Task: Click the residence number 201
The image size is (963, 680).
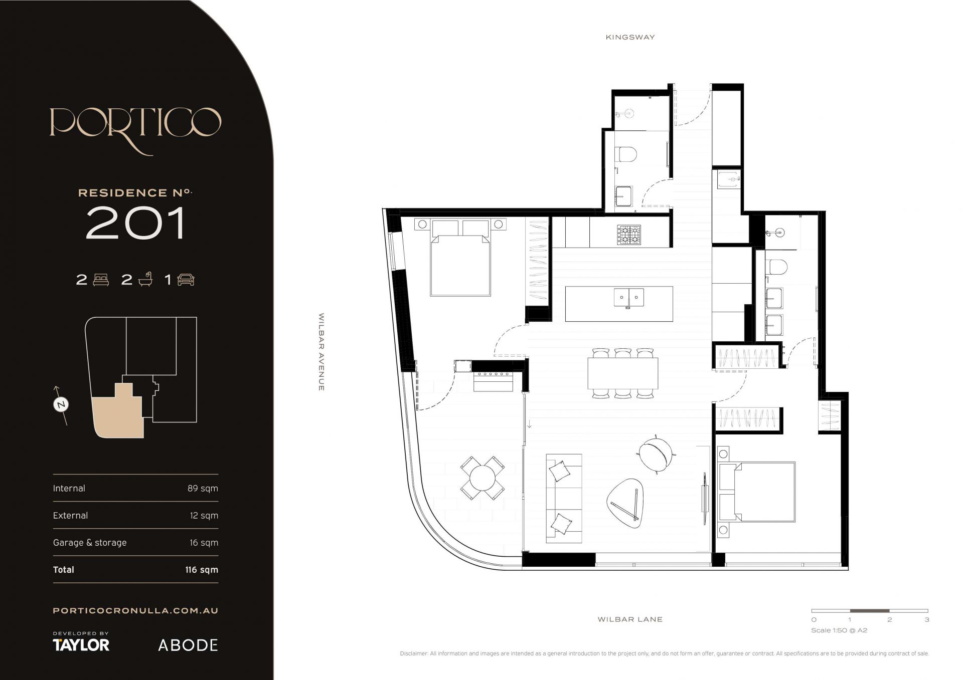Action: pos(135,222)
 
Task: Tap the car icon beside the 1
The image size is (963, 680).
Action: pos(186,279)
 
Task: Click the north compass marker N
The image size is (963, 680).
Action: pos(61,404)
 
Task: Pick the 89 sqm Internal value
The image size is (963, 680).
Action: pos(203,488)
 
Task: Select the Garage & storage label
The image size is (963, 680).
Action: pos(90,542)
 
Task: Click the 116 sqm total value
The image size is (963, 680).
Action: pos(201,569)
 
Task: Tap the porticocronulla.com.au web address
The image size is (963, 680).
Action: pos(135,610)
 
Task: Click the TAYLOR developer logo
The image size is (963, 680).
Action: pos(81,644)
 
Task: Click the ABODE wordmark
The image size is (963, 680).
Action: pos(188,645)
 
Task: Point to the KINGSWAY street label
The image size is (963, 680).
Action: pos(630,37)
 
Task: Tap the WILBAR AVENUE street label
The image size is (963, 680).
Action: pos(322,352)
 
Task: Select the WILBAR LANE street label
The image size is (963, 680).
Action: pos(630,619)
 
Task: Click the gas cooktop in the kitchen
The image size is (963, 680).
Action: pos(629,235)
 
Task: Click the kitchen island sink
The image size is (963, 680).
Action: pos(629,298)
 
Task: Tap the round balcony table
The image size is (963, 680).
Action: pos(483,478)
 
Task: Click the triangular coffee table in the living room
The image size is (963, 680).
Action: pos(625,502)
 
